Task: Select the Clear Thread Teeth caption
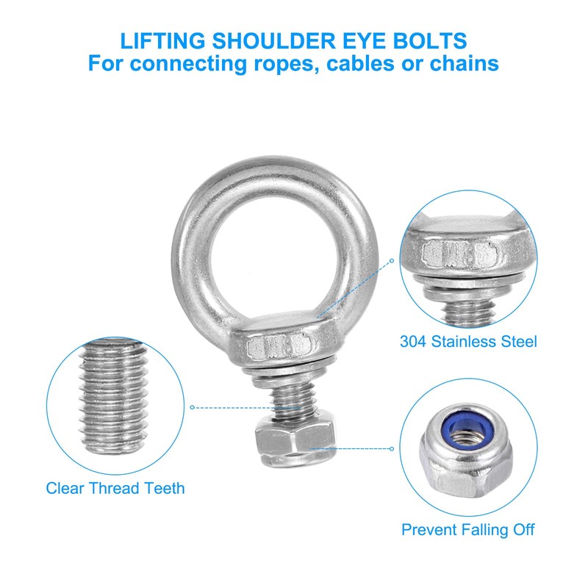[x=115, y=488]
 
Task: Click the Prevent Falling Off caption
[x=468, y=529]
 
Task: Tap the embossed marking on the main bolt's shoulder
[x=279, y=344]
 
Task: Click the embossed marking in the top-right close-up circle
[x=462, y=256]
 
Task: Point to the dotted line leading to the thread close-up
[x=235, y=406]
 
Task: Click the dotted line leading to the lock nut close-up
[x=353, y=446]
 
